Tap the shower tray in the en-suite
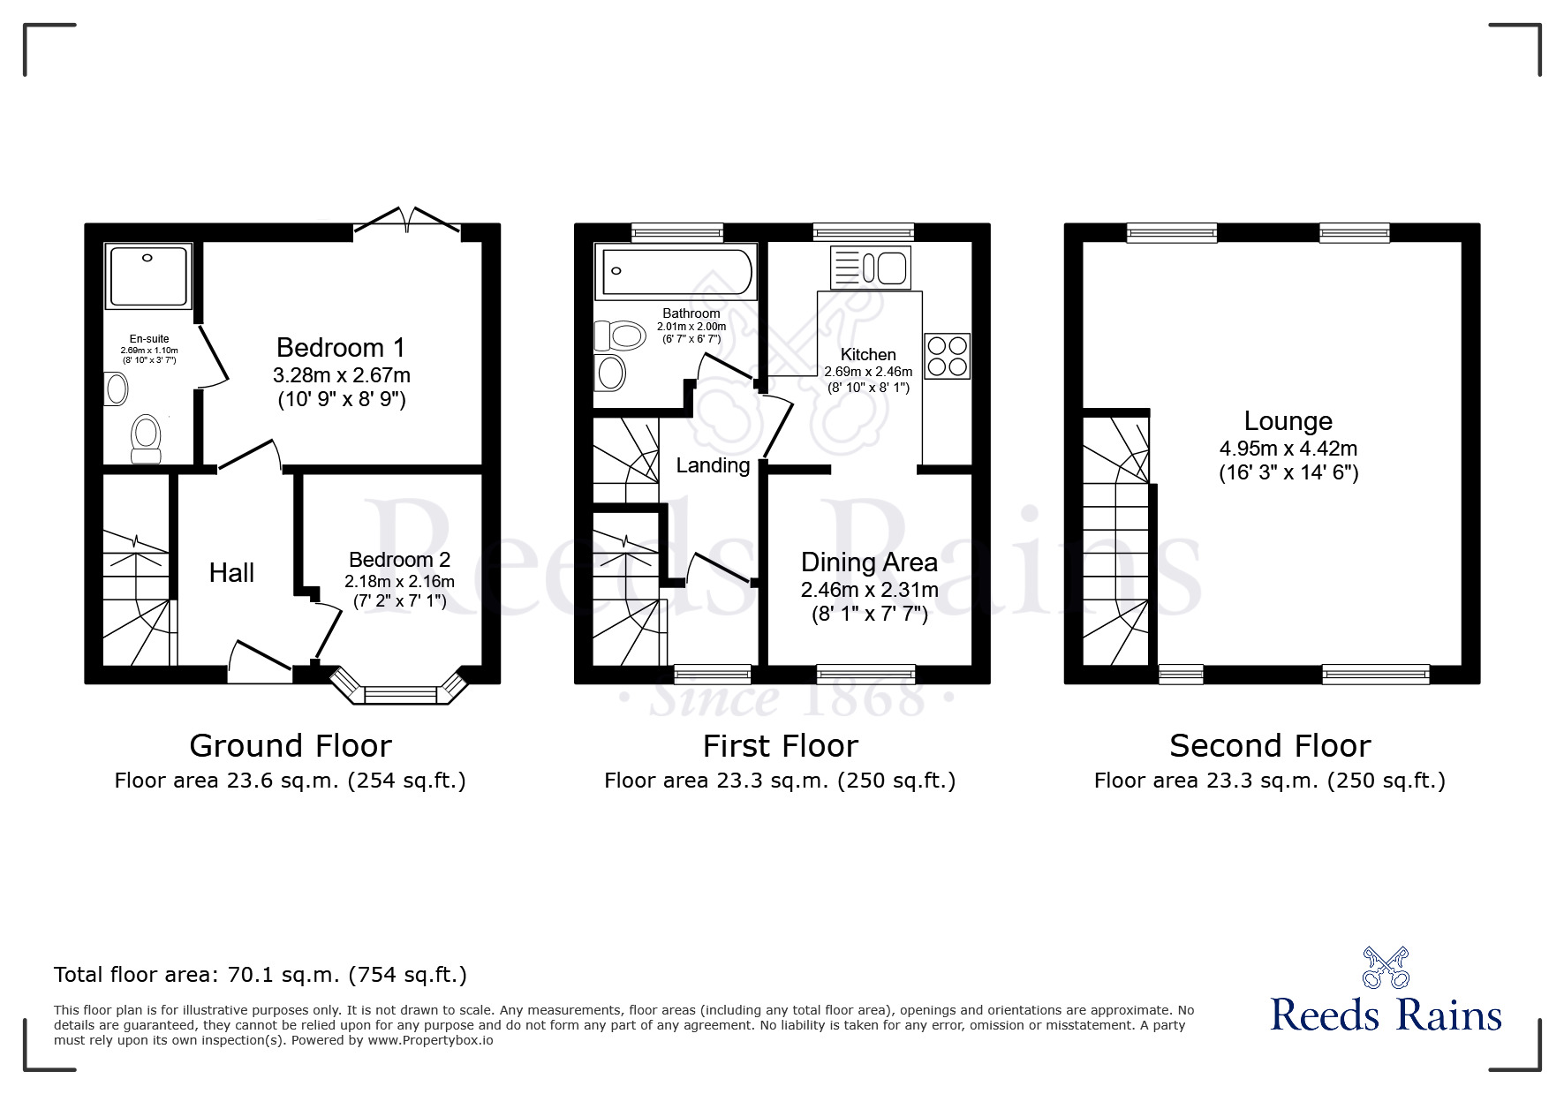tap(148, 276)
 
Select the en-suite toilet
tap(146, 439)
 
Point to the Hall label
tap(231, 573)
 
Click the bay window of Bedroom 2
tap(401, 693)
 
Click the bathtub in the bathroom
tap(676, 271)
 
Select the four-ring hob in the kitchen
tap(947, 356)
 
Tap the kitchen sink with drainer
tap(871, 268)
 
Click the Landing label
tap(713, 465)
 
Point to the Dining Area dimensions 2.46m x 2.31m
tap(869, 590)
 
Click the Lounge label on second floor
tap(1288, 421)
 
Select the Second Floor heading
tap(1269, 746)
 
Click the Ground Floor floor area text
tap(290, 781)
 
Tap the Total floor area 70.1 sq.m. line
tap(261, 975)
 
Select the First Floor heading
tap(780, 746)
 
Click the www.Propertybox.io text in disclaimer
tap(430, 1040)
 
